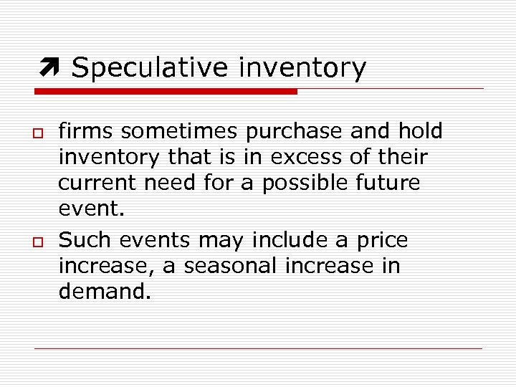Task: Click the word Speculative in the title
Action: point(150,68)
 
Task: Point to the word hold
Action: point(421,131)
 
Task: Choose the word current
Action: point(98,183)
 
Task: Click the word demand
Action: point(105,292)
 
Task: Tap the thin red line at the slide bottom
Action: point(258,348)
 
